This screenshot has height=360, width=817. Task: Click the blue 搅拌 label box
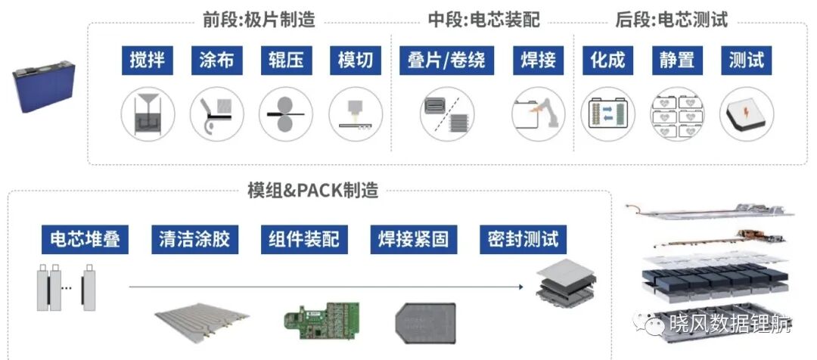(148, 60)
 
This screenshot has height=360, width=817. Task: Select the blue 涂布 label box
(217, 60)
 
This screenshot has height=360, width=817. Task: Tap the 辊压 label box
(287, 60)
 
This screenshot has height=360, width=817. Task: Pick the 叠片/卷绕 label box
(446, 60)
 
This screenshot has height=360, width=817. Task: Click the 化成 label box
(607, 60)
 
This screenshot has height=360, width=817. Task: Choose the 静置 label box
(677, 60)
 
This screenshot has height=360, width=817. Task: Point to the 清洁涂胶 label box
(194, 239)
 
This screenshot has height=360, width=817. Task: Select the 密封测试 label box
(523, 239)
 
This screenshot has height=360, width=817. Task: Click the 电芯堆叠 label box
(85, 239)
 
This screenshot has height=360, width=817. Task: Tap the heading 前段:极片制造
(259, 20)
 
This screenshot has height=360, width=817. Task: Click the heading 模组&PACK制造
(312, 191)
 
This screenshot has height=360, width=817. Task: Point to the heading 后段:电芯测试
(672, 20)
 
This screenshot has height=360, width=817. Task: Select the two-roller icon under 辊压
(286, 113)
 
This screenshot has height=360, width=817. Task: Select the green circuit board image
(322, 318)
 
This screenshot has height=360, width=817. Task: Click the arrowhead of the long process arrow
(520, 287)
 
